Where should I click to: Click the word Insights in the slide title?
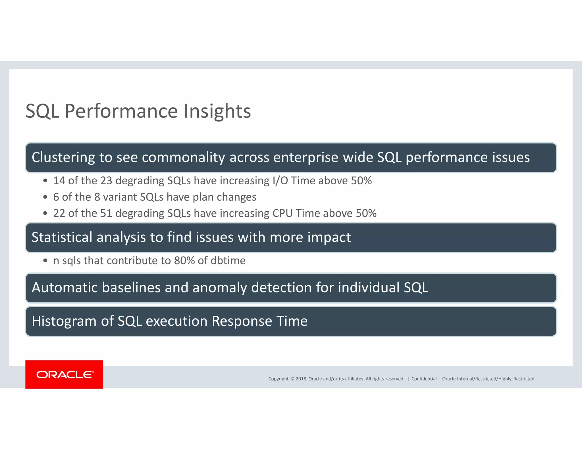tap(217, 111)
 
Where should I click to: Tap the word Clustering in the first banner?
tap(63, 157)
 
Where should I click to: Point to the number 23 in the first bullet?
tap(106, 181)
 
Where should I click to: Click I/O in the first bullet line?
tap(280, 181)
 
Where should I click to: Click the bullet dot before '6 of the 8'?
tap(45, 197)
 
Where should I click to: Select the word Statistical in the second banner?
tap(62, 237)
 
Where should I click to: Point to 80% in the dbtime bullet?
tap(184, 261)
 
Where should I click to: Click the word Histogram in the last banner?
tap(64, 321)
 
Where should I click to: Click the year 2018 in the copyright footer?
tap(301, 379)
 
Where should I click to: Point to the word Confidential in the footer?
tap(424, 379)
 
